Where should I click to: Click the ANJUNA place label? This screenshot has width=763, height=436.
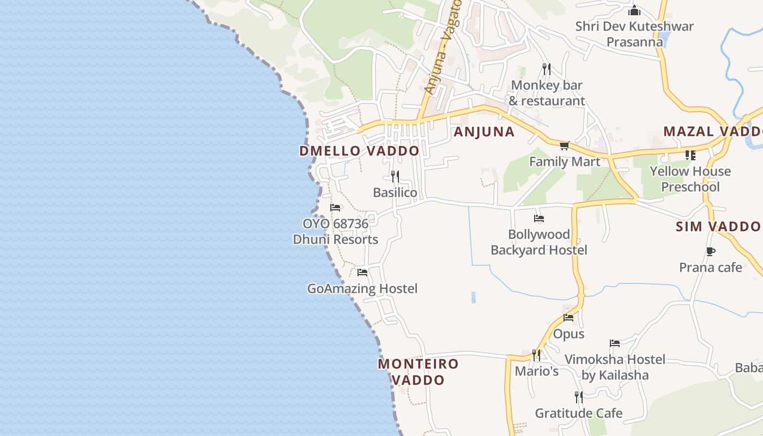click(484, 132)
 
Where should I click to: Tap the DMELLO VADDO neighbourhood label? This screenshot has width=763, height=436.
click(359, 151)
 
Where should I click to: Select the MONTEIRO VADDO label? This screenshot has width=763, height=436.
click(419, 372)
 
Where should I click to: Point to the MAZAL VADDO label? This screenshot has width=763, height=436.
click(711, 131)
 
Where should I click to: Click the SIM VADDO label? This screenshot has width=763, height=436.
click(718, 226)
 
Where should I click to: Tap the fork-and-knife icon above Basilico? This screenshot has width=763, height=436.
click(395, 176)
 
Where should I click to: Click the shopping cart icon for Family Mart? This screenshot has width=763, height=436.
click(564, 146)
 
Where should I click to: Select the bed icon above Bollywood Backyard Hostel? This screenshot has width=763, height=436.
click(539, 219)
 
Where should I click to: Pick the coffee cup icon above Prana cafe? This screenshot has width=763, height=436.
click(710, 251)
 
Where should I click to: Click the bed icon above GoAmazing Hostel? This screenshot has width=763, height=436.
click(362, 272)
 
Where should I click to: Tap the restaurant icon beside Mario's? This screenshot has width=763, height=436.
click(536, 355)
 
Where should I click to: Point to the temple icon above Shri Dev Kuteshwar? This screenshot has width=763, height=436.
click(634, 10)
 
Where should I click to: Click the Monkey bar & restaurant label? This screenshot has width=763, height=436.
click(547, 93)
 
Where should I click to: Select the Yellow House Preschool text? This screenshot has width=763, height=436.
click(690, 179)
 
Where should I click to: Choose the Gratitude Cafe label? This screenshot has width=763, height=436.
click(578, 413)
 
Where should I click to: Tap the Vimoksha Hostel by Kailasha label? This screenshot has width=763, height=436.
click(615, 367)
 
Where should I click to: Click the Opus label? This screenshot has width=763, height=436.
click(568, 334)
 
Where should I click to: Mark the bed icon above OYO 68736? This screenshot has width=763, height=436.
click(335, 208)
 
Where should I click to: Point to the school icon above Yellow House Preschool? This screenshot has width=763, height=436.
click(691, 155)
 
